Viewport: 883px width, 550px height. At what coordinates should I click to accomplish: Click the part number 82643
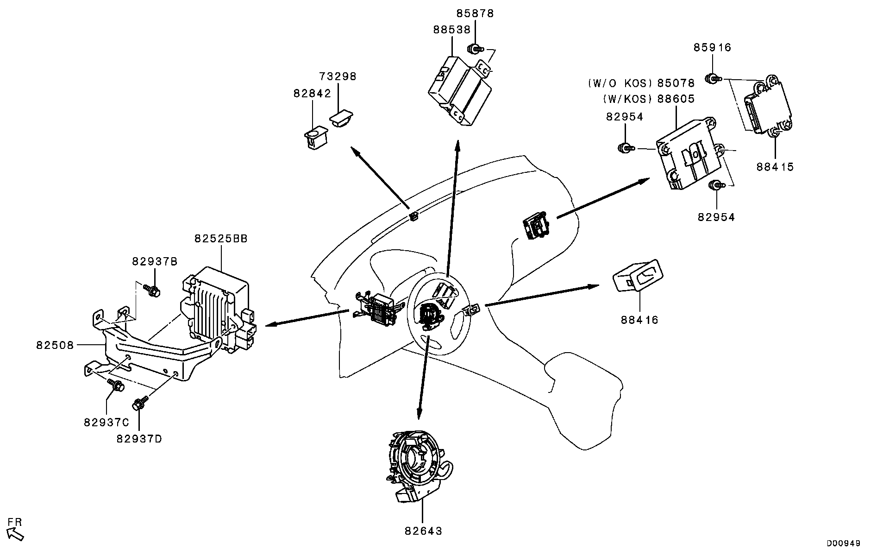tap(423, 531)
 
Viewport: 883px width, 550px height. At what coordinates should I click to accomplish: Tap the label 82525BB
tap(221, 239)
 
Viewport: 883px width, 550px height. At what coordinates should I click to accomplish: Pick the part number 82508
tap(55, 345)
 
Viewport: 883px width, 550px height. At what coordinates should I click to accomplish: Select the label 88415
tap(775, 167)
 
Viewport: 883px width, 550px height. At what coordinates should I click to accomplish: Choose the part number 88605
tap(677, 99)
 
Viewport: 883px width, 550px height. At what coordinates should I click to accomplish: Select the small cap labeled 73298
tap(341, 117)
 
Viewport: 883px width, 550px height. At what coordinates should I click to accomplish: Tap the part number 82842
tap(312, 94)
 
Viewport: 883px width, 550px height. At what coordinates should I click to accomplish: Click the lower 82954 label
tap(716, 217)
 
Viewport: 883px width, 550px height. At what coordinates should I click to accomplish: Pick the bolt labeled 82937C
tap(115, 384)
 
